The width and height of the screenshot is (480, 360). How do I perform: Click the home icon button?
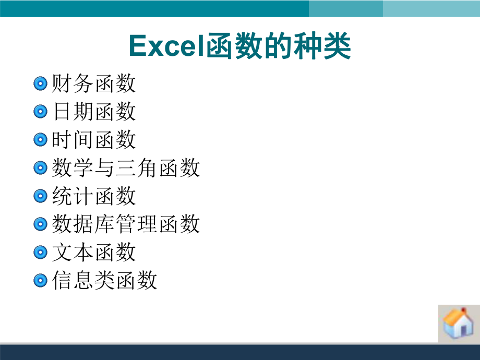[458, 323]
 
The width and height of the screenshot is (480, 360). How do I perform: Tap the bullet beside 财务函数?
[41, 83]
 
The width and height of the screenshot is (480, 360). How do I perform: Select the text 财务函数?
[94, 83]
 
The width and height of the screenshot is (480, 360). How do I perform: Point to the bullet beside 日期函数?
[41, 112]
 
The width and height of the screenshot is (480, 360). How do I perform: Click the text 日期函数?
[94, 112]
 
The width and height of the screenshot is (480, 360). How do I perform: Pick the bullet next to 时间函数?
[41, 140]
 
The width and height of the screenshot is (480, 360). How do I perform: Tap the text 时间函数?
[94, 140]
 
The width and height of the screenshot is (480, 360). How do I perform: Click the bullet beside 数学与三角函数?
[41, 168]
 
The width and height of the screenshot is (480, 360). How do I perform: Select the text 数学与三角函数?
[126, 168]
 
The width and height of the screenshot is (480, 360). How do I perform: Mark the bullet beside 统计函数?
[41, 196]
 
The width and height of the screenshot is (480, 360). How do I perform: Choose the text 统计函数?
[94, 196]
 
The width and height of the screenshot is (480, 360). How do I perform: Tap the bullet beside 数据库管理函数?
[41, 224]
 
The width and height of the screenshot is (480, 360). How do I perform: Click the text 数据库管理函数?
[126, 224]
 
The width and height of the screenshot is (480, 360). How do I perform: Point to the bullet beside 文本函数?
[41, 253]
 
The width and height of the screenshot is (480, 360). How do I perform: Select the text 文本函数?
[94, 253]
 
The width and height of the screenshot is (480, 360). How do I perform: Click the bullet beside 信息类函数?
[41, 281]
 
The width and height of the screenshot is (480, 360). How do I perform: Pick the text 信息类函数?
[104, 281]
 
